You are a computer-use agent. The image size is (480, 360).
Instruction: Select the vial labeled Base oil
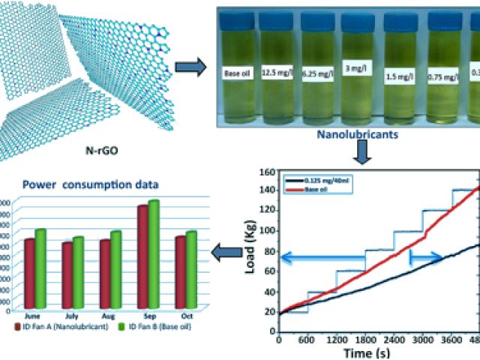238,73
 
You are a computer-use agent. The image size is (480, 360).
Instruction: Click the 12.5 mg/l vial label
278,73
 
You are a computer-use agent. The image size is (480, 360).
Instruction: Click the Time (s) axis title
362,352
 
